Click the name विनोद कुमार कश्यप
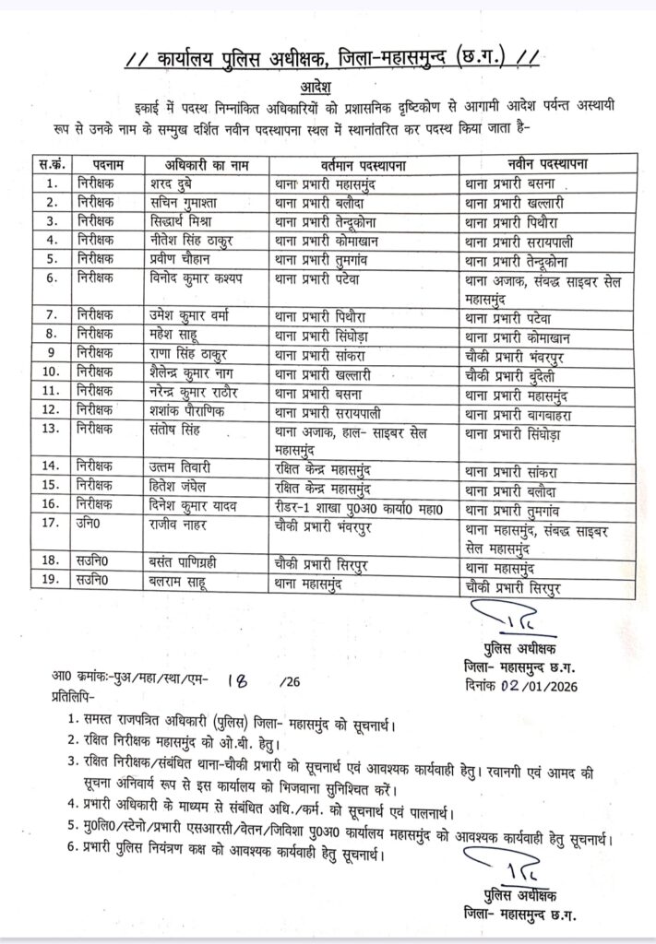coord(200,276)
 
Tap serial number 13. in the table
coord(53,428)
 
